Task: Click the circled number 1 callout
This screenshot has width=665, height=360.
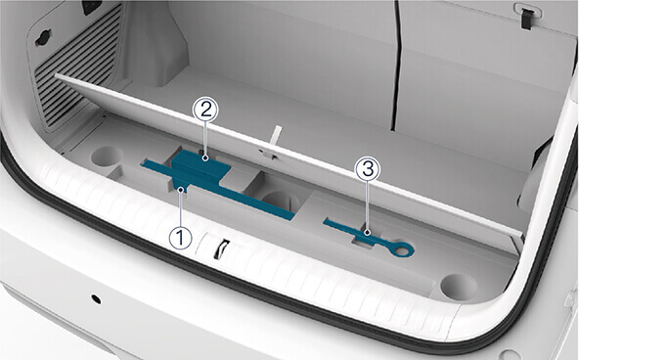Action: tap(180, 237)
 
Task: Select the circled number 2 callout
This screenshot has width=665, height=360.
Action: tap(205, 110)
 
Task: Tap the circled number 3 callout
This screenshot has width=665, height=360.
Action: tap(368, 169)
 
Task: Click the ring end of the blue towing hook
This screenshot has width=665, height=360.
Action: tap(402, 249)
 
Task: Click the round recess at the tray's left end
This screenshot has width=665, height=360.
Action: tap(106, 157)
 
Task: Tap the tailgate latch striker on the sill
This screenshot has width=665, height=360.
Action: tap(221, 248)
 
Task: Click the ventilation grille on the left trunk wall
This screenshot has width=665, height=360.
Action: tap(77, 67)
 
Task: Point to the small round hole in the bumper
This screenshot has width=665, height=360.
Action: tap(96, 299)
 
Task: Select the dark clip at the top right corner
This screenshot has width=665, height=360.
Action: tap(526, 20)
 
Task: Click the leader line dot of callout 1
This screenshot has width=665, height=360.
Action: tap(182, 190)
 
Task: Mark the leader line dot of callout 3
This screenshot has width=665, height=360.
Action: tap(368, 233)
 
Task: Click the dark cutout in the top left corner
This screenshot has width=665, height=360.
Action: tap(93, 6)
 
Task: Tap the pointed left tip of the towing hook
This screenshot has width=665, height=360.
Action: tap(325, 220)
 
